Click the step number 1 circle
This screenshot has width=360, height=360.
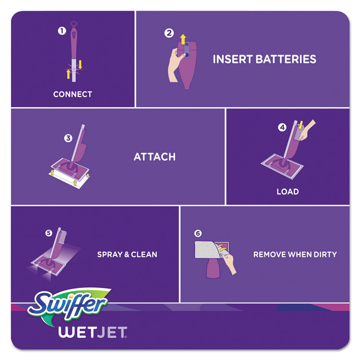tap(61, 31)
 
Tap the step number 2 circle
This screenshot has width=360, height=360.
tap(168, 34)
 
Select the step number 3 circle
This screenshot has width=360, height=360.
tap(68, 138)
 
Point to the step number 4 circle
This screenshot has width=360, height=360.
tap(282, 128)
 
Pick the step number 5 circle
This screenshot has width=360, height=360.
tap(48, 233)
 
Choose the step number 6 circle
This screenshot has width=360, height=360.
tap(198, 234)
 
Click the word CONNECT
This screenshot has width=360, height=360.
tap(72, 95)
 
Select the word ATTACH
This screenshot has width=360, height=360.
tap(155, 157)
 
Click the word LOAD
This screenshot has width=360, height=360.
tap(288, 192)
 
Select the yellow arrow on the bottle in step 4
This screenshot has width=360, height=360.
tap(301, 126)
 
